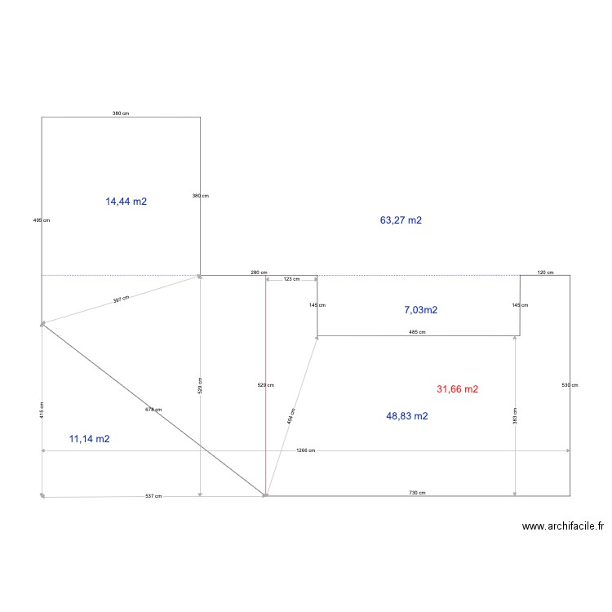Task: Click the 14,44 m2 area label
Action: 126,201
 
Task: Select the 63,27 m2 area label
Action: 401,220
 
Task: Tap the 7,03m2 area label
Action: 421,310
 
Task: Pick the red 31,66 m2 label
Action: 458,389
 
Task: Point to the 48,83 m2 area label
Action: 407,416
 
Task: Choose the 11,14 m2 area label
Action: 90,439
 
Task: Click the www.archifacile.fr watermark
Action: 563,527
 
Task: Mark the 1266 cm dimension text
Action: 306,450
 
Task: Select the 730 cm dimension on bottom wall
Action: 417,493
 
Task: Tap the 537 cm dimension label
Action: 153,496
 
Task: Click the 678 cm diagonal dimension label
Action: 153,410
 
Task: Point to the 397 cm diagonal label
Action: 121,299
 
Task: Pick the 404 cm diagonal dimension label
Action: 292,416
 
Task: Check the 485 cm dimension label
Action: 417,332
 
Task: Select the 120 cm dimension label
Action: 545,273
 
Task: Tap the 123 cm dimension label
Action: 291,279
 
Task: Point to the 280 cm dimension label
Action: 259,273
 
